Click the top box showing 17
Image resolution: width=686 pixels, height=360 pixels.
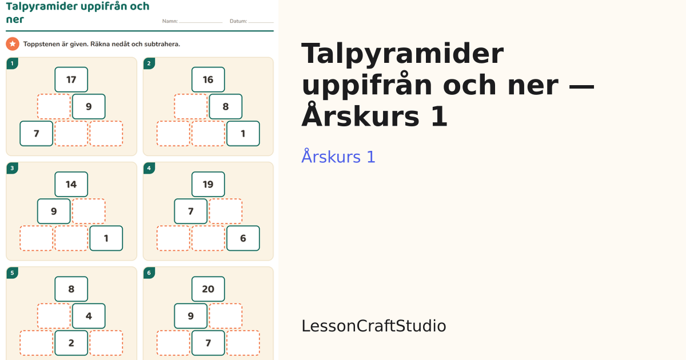coord(71,79)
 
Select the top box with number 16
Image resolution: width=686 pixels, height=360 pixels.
coord(208,79)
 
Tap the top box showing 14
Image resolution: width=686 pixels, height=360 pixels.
coord(71,184)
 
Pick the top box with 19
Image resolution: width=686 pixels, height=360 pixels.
coord(208,184)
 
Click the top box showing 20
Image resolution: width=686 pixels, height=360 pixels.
coord(208,289)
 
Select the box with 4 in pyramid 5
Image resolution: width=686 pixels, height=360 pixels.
coord(89,316)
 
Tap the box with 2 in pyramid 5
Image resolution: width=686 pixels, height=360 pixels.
coord(71,343)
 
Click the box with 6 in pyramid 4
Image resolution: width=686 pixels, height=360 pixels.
coord(243,238)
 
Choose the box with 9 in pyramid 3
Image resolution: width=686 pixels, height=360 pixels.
coord(54,211)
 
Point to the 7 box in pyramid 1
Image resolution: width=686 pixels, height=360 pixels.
coord(37,134)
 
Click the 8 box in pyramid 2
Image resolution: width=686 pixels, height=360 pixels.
coord(226,106)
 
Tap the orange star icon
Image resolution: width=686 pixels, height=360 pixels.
coord(13,44)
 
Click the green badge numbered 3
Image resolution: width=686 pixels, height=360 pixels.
coord(12,168)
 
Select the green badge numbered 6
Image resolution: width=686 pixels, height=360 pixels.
coord(149,273)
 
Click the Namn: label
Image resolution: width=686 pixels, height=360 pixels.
coord(170,21)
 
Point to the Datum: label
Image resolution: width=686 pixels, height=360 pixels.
coord(238,21)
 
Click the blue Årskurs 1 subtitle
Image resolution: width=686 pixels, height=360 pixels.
coord(338,157)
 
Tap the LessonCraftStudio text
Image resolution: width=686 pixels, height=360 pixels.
coord(374,326)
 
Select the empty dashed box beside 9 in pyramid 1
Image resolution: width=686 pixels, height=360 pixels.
coord(54,106)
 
